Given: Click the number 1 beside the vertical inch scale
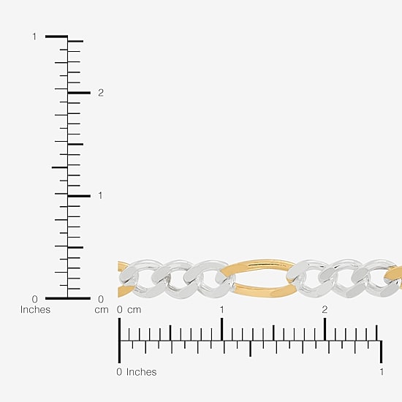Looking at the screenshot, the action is tap(34, 37).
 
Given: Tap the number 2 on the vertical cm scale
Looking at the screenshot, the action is tap(101, 93).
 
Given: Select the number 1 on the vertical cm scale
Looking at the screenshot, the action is tap(100, 196).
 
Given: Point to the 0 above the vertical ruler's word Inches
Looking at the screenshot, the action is tap(34, 299).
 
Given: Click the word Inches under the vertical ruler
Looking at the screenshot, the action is tap(35, 309).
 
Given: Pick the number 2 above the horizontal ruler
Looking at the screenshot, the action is tap(325, 310).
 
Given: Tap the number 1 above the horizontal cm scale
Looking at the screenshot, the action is tap(221, 310).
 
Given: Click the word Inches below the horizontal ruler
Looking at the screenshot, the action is tap(141, 372).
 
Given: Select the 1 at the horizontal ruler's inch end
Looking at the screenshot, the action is tap(382, 372).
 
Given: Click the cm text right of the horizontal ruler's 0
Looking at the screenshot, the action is tap(134, 310).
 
